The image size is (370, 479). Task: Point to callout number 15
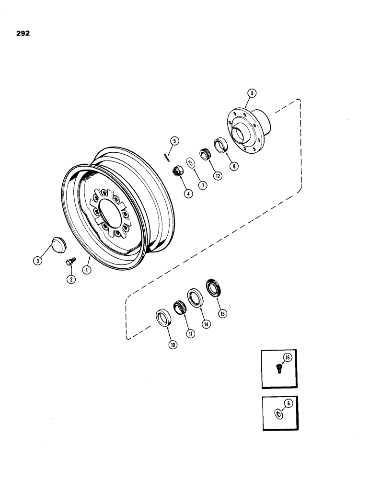click(x=222, y=314)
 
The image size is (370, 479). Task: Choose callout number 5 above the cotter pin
click(x=174, y=140)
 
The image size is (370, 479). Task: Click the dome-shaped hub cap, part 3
click(x=57, y=244)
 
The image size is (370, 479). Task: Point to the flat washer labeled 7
click(x=190, y=162)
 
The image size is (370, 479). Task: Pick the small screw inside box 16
click(x=279, y=368)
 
